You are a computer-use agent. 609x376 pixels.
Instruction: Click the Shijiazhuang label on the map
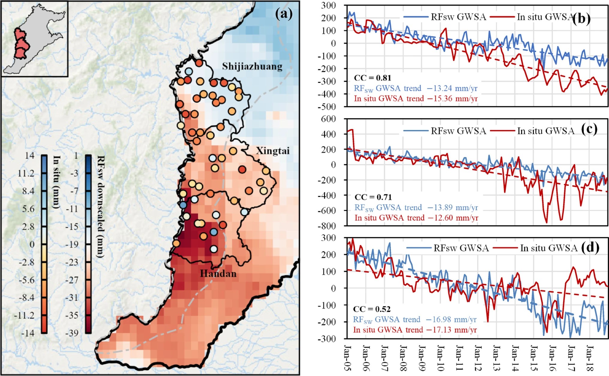(x=252, y=67)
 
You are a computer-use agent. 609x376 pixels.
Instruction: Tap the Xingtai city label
(x=273, y=151)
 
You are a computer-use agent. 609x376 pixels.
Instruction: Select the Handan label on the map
(x=218, y=274)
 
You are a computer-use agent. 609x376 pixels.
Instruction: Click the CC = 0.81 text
(x=372, y=78)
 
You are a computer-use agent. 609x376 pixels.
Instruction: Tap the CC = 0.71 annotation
(x=373, y=197)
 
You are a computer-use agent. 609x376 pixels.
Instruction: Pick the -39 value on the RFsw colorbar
(x=72, y=333)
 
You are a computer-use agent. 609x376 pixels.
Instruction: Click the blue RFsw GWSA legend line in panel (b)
(x=416, y=17)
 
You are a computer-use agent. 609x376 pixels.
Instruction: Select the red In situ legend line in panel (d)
(x=506, y=248)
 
